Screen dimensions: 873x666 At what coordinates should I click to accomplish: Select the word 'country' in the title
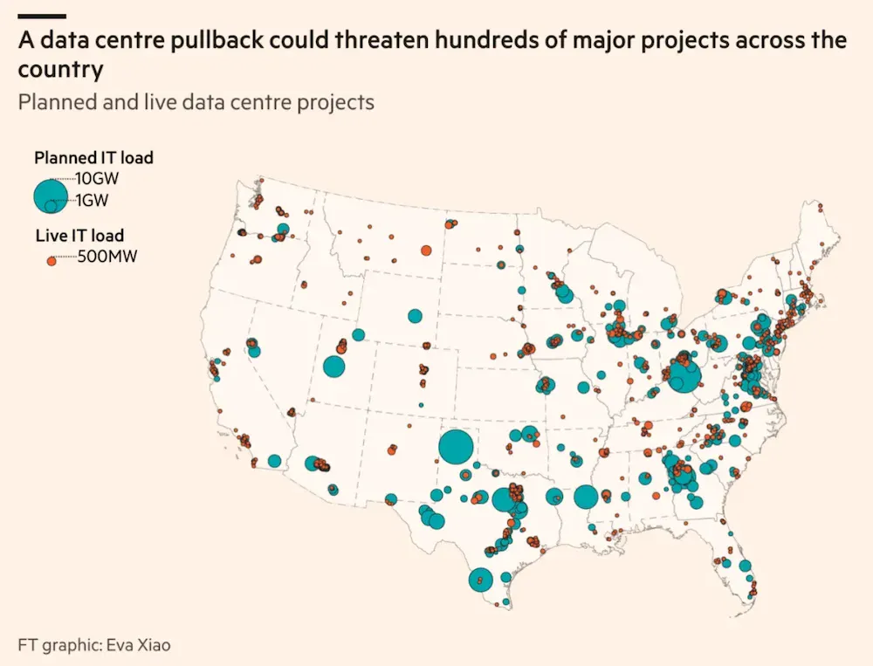tap(61, 71)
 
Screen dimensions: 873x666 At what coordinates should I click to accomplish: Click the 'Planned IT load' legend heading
tap(93, 158)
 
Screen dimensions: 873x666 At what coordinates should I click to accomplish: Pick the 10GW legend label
tap(98, 179)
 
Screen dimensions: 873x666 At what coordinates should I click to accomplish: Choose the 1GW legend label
tap(92, 200)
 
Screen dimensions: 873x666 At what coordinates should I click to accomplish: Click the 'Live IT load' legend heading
tap(79, 236)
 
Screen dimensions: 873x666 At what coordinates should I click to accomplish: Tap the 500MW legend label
tap(107, 257)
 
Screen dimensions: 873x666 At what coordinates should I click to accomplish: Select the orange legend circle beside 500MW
tap(52, 261)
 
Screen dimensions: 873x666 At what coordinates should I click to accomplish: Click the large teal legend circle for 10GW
tap(51, 196)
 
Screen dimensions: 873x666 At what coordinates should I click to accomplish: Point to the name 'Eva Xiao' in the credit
tap(138, 645)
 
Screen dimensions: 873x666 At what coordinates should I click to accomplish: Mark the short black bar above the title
tap(42, 17)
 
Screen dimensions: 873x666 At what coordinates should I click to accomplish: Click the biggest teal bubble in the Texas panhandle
tap(456, 447)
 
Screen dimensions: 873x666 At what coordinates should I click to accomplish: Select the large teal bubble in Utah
tap(334, 367)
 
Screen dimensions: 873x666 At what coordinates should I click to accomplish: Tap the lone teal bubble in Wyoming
tap(415, 316)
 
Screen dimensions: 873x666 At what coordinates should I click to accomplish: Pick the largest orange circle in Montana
tap(426, 251)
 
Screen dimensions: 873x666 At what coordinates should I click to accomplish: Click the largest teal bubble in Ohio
tap(684, 376)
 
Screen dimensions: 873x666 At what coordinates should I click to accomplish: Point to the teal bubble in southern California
tap(274, 461)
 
